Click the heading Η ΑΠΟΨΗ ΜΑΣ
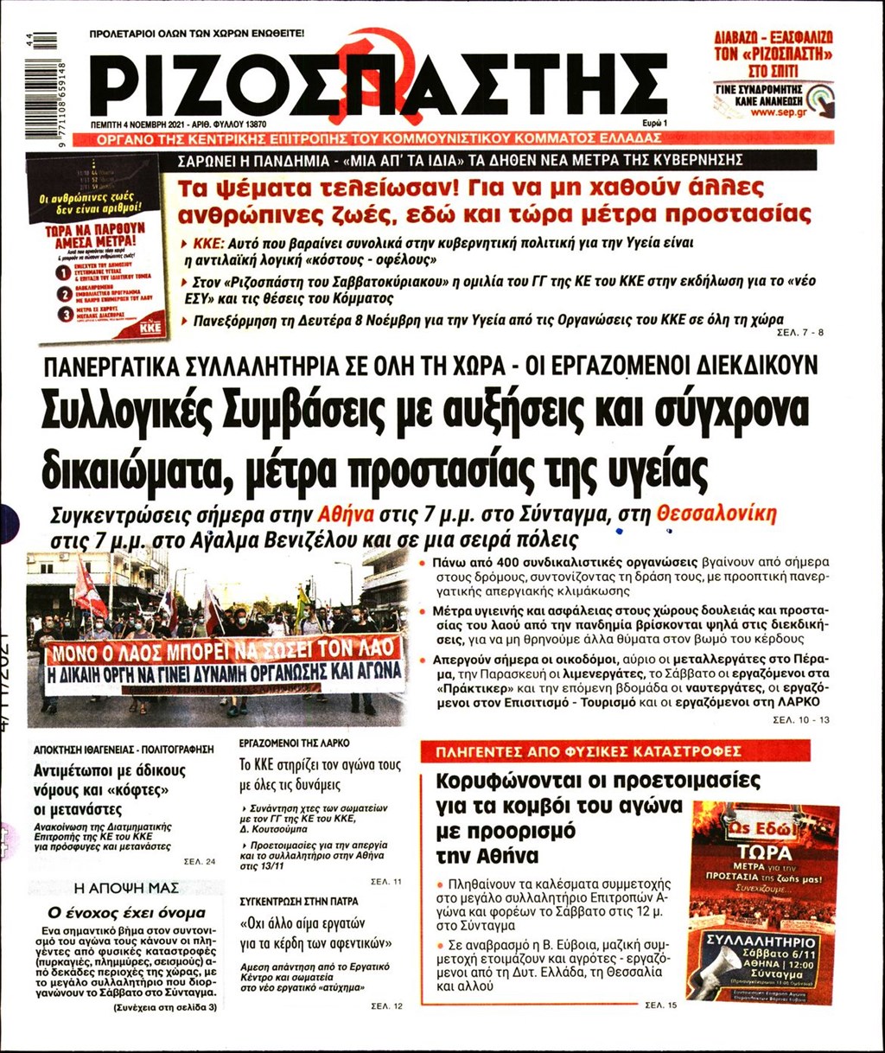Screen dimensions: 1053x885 126,887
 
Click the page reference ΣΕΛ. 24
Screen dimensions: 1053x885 199,861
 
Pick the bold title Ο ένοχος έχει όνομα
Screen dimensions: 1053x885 126,912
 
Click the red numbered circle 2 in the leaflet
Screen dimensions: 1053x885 62,295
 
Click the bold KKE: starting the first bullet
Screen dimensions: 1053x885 209,245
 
